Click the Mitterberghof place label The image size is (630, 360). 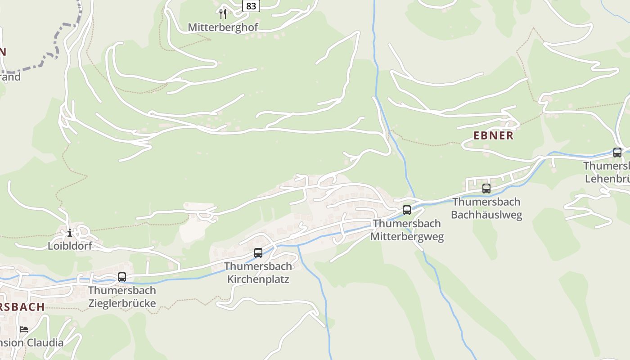[x=223, y=27]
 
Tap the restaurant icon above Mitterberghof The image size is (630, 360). [x=223, y=13]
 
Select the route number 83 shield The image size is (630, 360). [x=251, y=6]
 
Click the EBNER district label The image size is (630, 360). [x=493, y=135]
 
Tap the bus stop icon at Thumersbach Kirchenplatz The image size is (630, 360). [x=258, y=253]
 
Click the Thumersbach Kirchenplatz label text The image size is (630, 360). [x=258, y=273]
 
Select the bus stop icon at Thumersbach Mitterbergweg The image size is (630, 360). [x=407, y=210]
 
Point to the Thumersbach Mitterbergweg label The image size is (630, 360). [x=407, y=230]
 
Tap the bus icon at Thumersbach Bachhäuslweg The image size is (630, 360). [x=486, y=189]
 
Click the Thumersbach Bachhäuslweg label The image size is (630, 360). [x=486, y=208]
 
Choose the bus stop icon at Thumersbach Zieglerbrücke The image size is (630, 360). [x=122, y=277]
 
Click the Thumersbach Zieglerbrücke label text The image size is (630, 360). [x=122, y=297]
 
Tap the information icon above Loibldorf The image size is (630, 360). [x=70, y=233]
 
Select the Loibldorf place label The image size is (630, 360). [x=70, y=246]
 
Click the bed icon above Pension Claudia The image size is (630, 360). [x=24, y=329]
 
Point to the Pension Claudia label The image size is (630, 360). [x=31, y=343]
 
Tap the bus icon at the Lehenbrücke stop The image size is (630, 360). [x=617, y=153]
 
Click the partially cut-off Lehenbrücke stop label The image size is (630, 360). [x=607, y=172]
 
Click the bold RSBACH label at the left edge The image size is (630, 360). [x=22, y=307]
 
